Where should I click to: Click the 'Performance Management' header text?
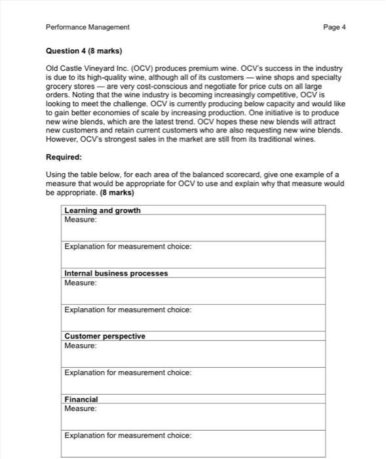pyautogui.click(x=88, y=27)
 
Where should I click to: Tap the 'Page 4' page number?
pyautogui.click(x=334, y=27)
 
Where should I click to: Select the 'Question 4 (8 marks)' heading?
pyautogui.click(x=84, y=50)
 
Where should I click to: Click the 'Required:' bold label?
pyautogui.click(x=64, y=157)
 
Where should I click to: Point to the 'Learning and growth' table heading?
pyautogui.click(x=102, y=210)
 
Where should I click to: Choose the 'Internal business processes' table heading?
pyautogui.click(x=116, y=273)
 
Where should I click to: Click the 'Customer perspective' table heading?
pyautogui.click(x=105, y=336)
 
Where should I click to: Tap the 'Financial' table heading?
pyautogui.click(x=81, y=399)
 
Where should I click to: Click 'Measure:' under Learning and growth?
pyautogui.click(x=81, y=220)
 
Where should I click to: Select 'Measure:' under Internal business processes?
pyautogui.click(x=81, y=283)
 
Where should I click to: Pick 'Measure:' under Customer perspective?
pyautogui.click(x=81, y=346)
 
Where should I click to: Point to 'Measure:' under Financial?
pyautogui.click(x=81, y=409)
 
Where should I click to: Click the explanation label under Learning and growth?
pyautogui.click(x=128, y=247)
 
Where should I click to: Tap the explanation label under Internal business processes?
pyautogui.click(x=128, y=309)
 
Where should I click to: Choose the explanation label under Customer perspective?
pyautogui.click(x=128, y=372)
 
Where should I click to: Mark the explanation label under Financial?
pyautogui.click(x=128, y=435)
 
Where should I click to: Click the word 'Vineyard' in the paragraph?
pyautogui.click(x=94, y=69)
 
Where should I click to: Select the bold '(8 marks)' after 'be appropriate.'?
pyautogui.click(x=117, y=193)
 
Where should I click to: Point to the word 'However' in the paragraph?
pyautogui.click(x=60, y=139)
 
